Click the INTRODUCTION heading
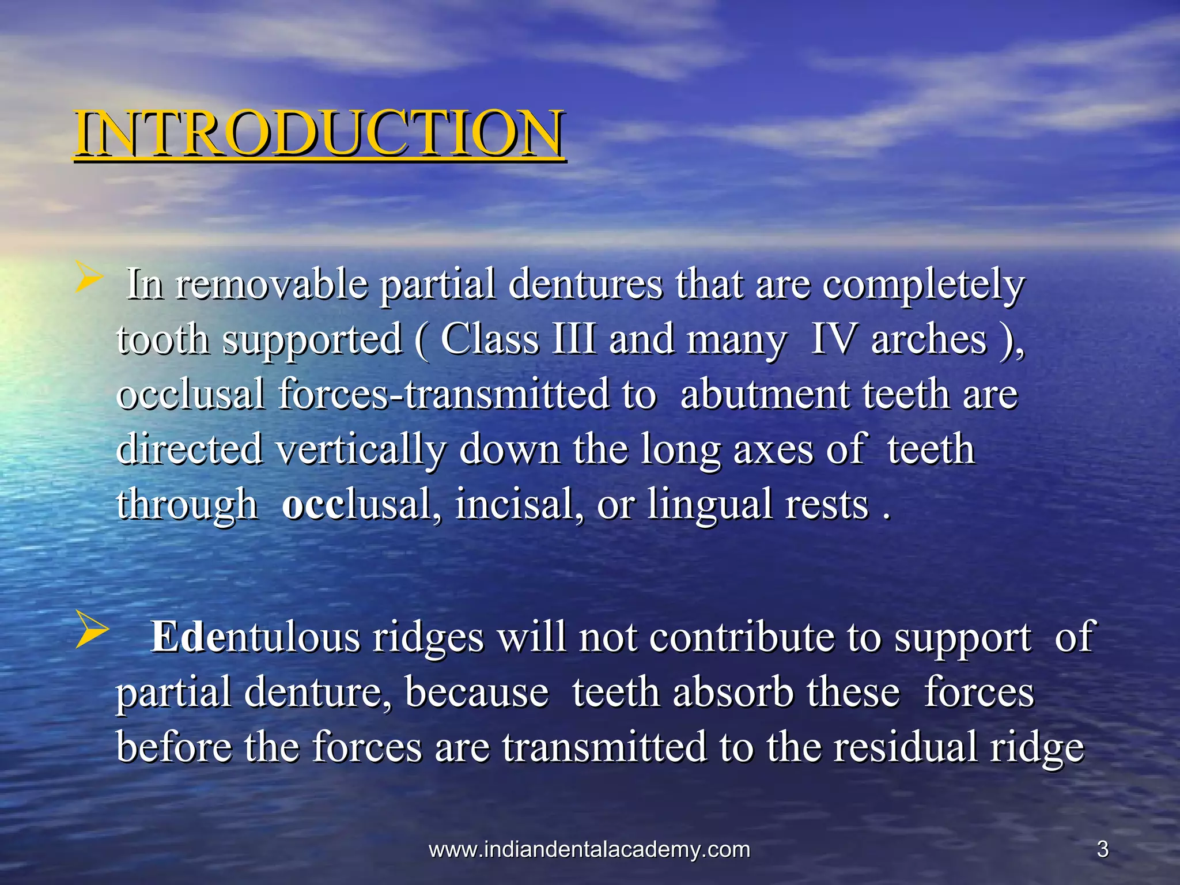[319, 134]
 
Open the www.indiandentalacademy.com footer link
[589, 850]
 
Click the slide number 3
[1103, 850]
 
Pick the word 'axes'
[773, 449]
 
